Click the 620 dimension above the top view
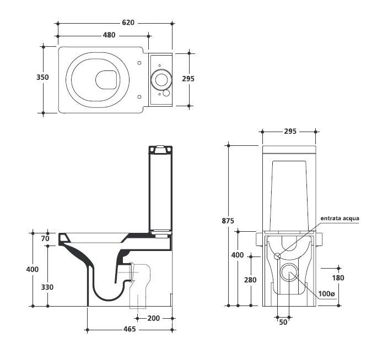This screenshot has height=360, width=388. click(x=128, y=23)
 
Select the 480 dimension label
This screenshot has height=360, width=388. click(x=109, y=35)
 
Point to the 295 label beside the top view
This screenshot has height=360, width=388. click(x=188, y=78)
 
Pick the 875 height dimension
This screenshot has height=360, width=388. click(x=228, y=221)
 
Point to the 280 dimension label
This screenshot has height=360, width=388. click(x=250, y=280)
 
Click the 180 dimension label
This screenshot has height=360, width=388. click(x=337, y=278)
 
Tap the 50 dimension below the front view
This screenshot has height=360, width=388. click(x=283, y=322)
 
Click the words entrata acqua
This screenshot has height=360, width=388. click(x=340, y=219)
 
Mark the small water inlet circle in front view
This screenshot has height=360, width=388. click(x=277, y=255)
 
